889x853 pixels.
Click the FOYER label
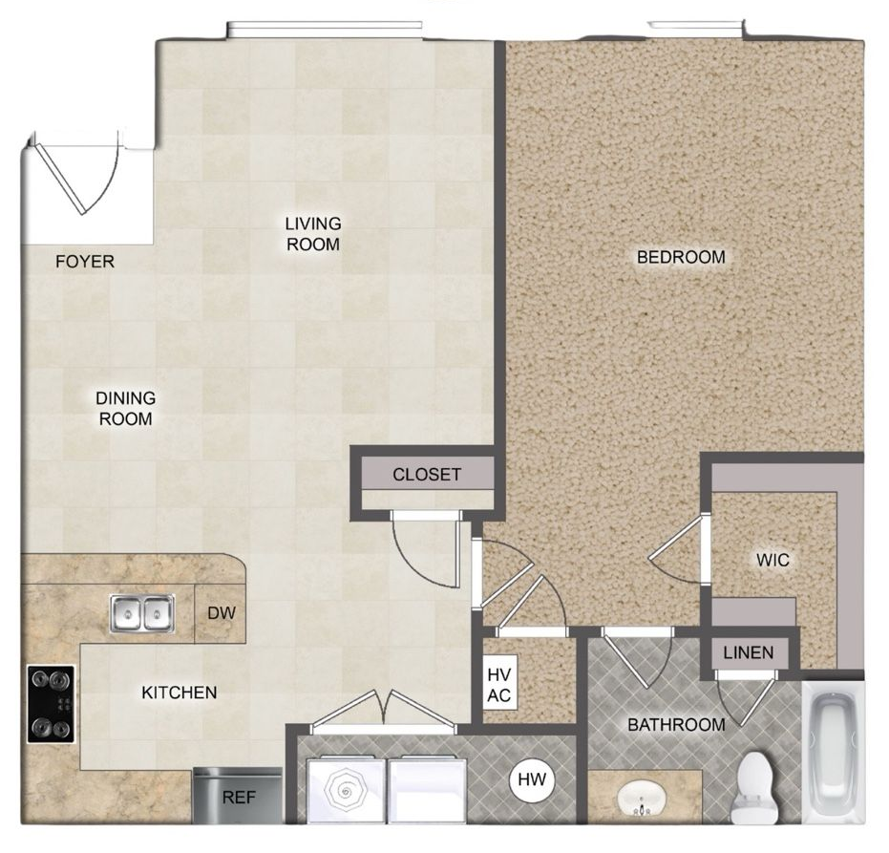[84, 262]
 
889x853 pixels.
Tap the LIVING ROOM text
[313, 234]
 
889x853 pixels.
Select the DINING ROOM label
[125, 409]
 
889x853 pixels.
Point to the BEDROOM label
[681, 257]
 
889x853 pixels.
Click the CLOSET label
[427, 475]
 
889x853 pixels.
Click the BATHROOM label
[676, 725]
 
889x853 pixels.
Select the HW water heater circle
[532, 780]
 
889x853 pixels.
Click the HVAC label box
[499, 684]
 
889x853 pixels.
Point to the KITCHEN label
[180, 693]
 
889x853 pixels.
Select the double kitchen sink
[142, 614]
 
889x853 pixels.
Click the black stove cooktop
[50, 705]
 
